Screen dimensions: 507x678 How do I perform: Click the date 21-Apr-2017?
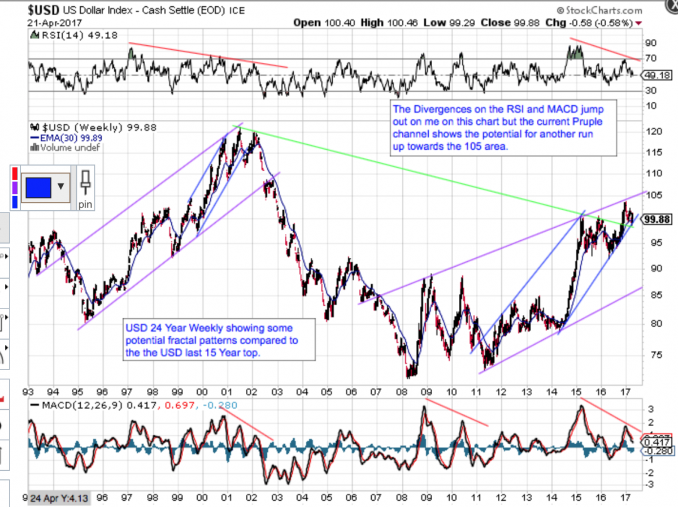(x=54, y=23)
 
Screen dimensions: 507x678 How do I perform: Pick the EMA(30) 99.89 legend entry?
(x=68, y=137)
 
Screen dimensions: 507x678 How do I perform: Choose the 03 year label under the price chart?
(x=277, y=391)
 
